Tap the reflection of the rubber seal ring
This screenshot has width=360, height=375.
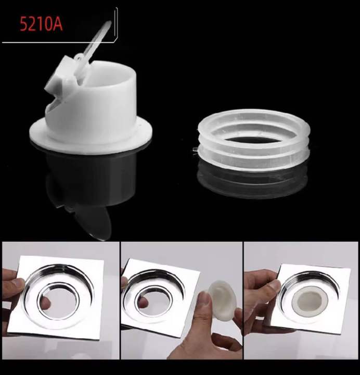pyautogui.click(x=252, y=177)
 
